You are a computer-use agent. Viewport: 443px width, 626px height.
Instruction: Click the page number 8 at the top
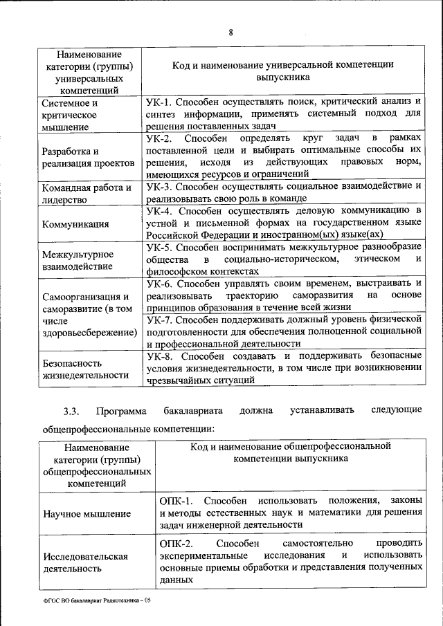tap(231, 33)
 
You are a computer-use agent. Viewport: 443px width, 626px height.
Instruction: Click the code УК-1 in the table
tap(161, 102)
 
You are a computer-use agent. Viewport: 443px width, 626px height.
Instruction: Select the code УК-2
tap(161, 139)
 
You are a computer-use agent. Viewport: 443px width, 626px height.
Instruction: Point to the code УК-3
tap(161, 186)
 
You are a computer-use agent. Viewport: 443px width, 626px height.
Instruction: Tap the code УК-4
tap(161, 210)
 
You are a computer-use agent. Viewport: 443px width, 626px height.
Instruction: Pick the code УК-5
tap(161, 247)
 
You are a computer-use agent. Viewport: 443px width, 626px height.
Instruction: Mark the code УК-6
tap(161, 284)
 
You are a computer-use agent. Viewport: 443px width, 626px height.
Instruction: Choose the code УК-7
tap(161, 320)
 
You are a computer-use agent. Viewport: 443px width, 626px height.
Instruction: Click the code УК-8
tap(161, 356)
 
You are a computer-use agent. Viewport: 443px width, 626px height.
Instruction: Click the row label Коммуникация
tap(75, 224)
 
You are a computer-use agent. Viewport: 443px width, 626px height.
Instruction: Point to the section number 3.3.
tap(71, 412)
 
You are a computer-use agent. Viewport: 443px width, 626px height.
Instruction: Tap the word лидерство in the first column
tap(64, 200)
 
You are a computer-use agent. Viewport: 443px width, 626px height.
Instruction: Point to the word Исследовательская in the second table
tap(85, 556)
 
